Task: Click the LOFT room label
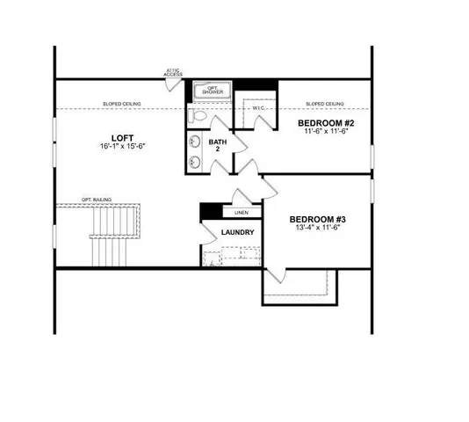pyautogui.click(x=122, y=137)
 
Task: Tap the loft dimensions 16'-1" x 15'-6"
pyautogui.click(x=122, y=148)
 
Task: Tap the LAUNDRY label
pyautogui.click(x=237, y=233)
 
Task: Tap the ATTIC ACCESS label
pyautogui.click(x=173, y=72)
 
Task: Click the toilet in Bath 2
pyautogui.click(x=198, y=115)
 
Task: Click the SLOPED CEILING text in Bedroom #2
pyautogui.click(x=324, y=104)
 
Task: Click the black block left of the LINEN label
pyautogui.click(x=210, y=211)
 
